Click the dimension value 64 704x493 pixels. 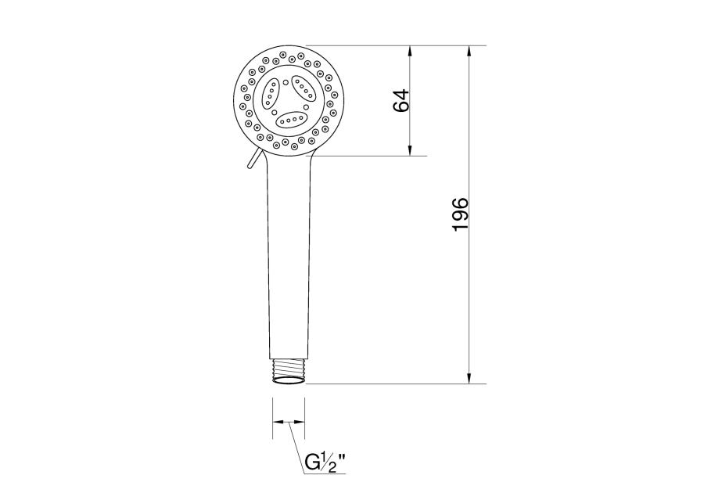[401, 100]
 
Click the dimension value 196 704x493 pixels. [461, 214]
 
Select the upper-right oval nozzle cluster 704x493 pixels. [304, 89]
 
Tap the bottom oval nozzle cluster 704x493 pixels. [292, 120]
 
